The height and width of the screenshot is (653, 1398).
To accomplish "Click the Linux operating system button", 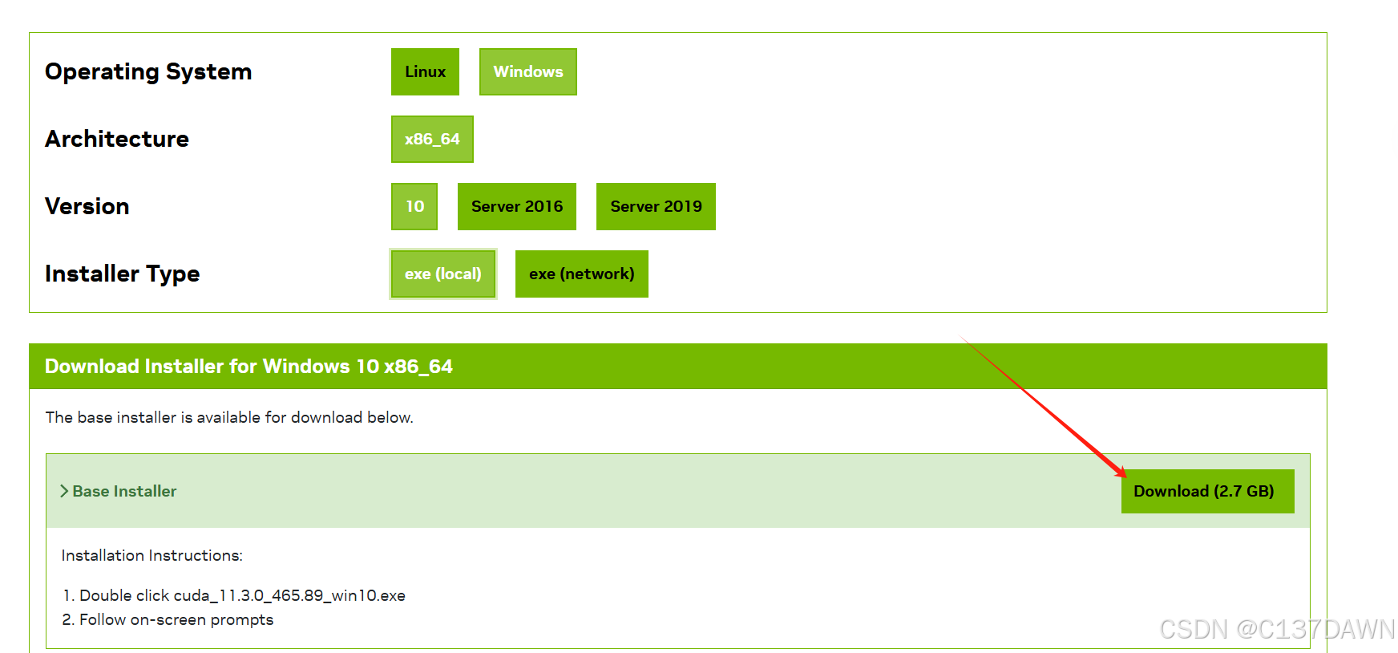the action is click(x=425, y=72).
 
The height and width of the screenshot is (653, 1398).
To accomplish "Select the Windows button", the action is click(x=527, y=72).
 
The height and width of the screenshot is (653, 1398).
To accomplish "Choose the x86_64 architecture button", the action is click(x=432, y=140).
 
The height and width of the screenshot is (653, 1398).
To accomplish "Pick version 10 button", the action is click(x=414, y=207).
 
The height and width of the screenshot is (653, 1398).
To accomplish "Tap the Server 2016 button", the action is click(x=516, y=207).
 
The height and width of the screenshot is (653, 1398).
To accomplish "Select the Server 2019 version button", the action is click(x=656, y=207).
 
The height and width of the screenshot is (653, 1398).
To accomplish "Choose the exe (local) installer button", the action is click(x=442, y=274).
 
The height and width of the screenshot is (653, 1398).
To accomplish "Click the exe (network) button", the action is click(x=581, y=274).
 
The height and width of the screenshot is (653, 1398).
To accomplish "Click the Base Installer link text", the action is click(x=124, y=491).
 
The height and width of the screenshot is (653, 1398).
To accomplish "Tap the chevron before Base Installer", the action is click(x=64, y=491).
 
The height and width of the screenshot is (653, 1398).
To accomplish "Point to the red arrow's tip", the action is click(x=1125, y=477).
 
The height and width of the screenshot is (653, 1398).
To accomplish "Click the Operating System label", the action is click(x=148, y=72).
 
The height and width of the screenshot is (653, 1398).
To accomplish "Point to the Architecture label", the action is click(x=117, y=140).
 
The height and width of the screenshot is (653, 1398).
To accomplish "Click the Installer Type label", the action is click(x=122, y=274).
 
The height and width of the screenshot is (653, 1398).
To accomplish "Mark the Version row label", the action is click(x=87, y=207).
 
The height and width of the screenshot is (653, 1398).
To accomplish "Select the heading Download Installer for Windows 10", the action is click(x=248, y=367).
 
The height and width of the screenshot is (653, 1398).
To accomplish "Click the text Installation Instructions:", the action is click(x=152, y=555).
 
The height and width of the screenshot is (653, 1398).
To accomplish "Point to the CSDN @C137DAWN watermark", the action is click(x=1277, y=630).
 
